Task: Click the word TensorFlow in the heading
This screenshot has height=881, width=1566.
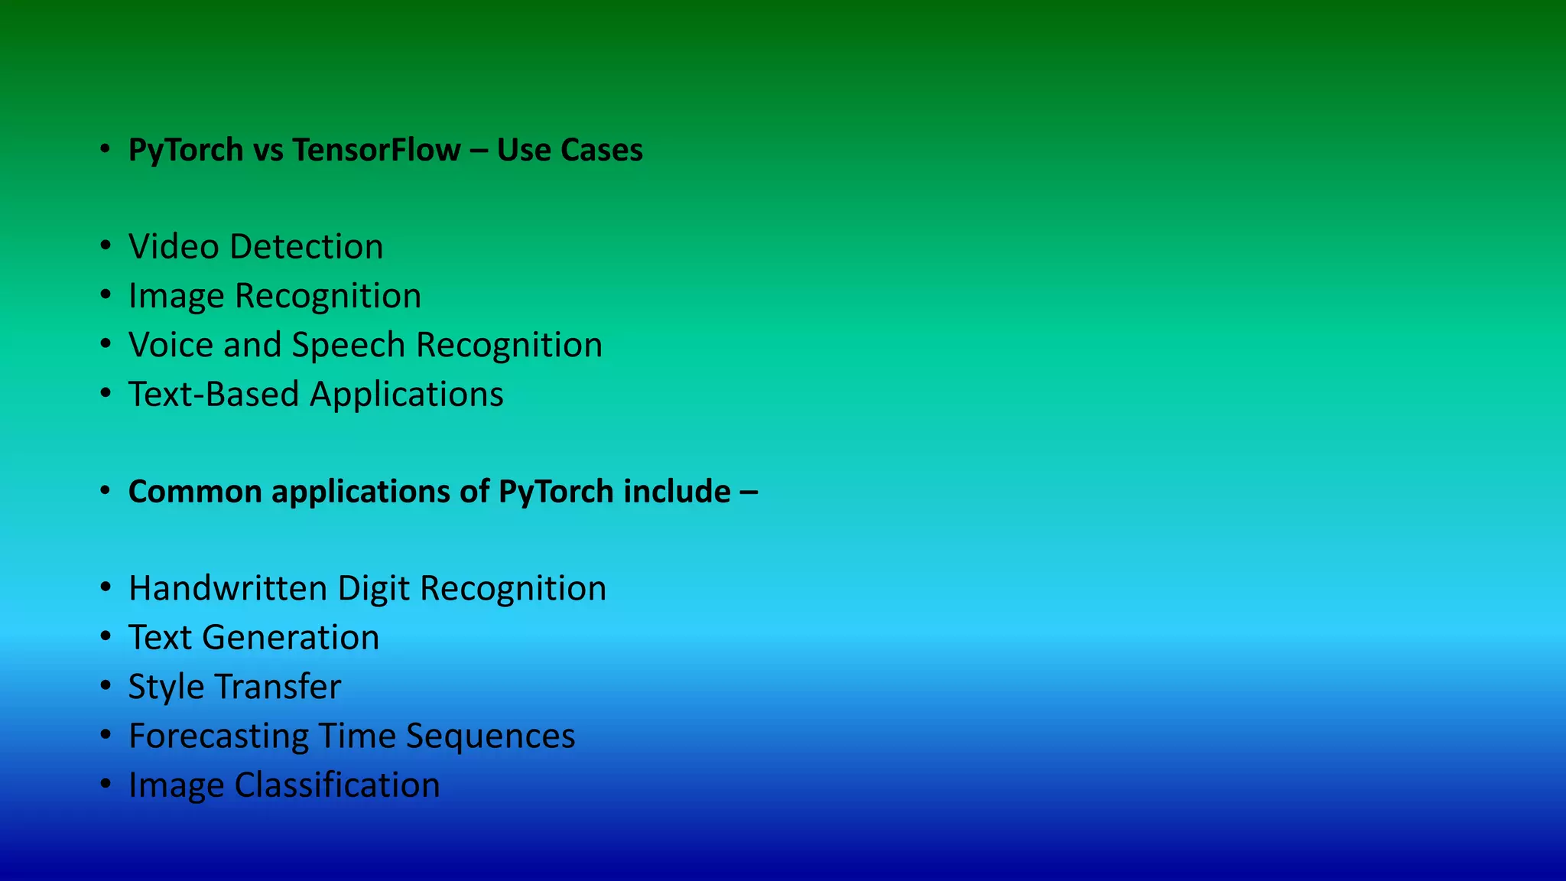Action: click(x=376, y=150)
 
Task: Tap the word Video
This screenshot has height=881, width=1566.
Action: click(x=174, y=247)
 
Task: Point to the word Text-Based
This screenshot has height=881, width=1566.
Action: click(x=213, y=395)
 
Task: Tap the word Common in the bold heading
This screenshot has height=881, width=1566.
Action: click(x=195, y=492)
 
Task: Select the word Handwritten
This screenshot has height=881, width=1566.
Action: click(x=228, y=589)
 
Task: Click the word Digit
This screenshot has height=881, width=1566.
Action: click(x=374, y=589)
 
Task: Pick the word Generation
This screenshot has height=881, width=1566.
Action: click(x=291, y=638)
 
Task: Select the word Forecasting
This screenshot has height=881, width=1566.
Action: click(x=218, y=736)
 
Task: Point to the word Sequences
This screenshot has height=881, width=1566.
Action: click(x=490, y=736)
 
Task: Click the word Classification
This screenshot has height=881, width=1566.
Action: click(x=337, y=785)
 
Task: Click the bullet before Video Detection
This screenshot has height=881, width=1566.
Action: click(x=106, y=246)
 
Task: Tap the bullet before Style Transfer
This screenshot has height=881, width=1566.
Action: click(x=106, y=686)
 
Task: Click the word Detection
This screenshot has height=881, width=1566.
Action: click(x=306, y=247)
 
